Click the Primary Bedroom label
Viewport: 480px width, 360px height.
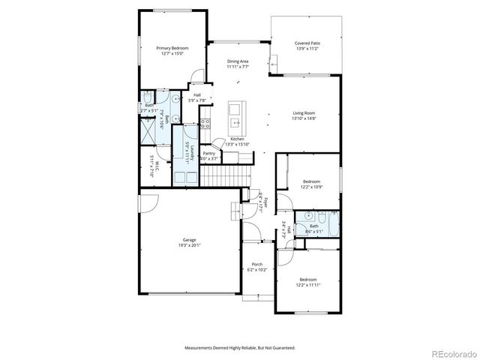172,48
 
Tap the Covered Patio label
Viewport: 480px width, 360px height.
306,43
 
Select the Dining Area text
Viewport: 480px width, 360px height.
238,61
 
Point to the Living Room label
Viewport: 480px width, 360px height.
304,113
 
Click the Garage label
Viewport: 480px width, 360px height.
189,240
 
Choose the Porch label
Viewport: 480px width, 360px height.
256,264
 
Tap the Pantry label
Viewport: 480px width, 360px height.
209,154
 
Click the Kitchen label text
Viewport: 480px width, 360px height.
238,139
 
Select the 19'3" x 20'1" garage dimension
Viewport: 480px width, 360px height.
189,245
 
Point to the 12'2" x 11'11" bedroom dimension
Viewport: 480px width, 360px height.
308,284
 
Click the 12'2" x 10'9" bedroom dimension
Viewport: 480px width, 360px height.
311,186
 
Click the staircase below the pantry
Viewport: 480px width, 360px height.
221,177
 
